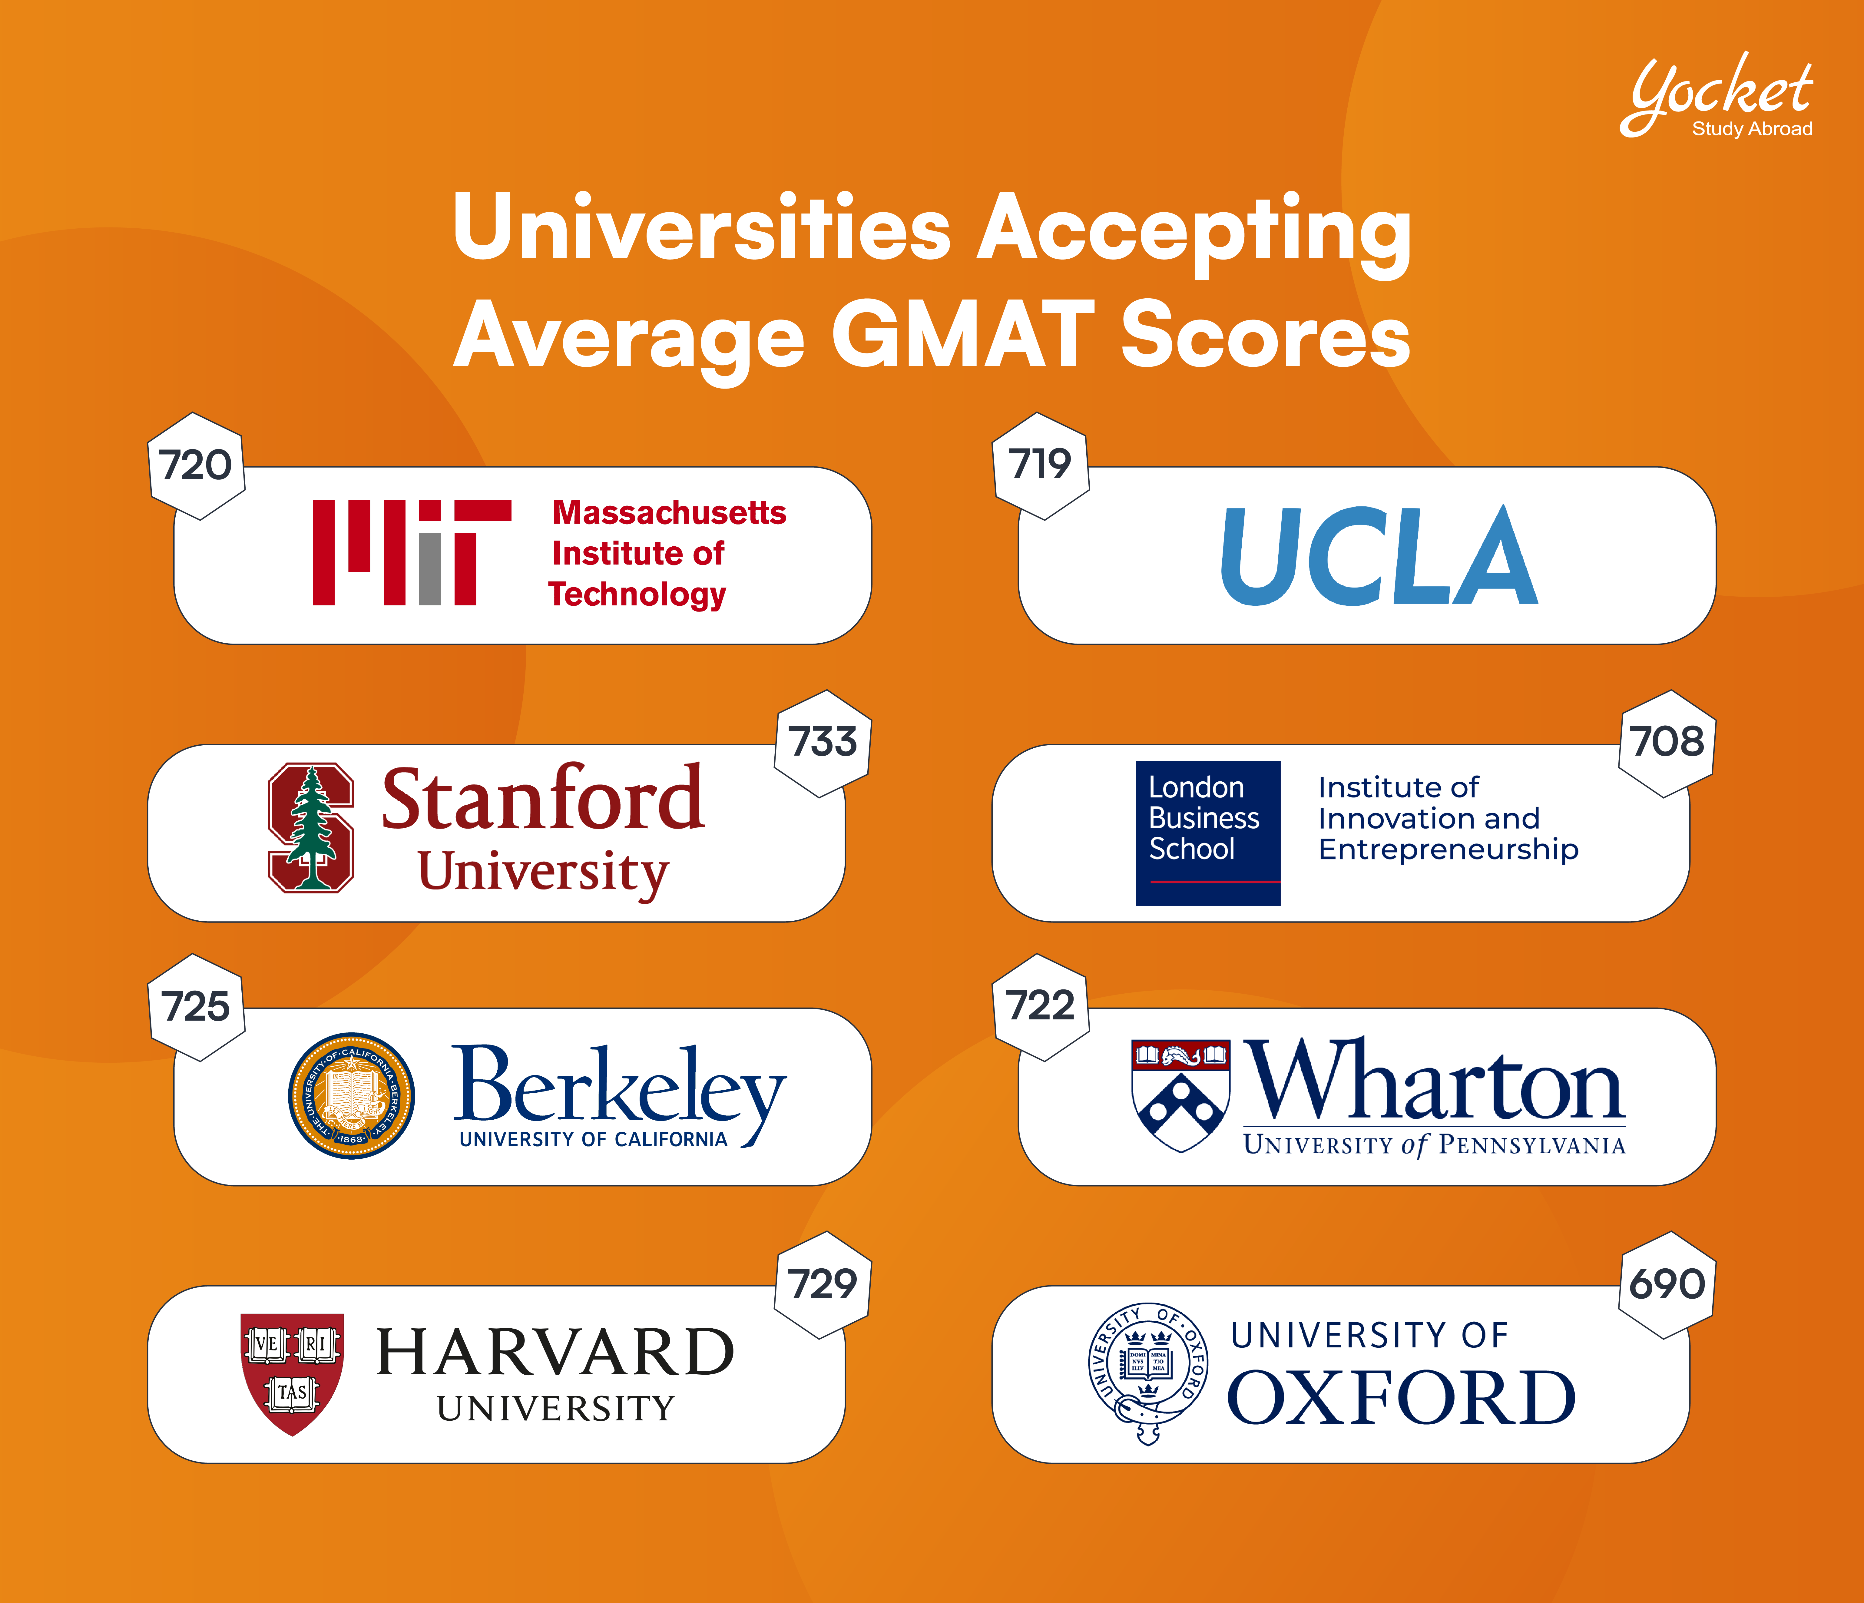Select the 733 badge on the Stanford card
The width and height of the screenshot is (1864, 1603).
point(822,743)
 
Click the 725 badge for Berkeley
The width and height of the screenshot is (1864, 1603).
point(195,1007)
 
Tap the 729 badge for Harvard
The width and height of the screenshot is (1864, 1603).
point(822,1285)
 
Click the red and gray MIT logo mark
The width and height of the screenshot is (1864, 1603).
point(411,552)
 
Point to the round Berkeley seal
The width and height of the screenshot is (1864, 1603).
point(352,1096)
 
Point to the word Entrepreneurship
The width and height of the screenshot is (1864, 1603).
point(1448,849)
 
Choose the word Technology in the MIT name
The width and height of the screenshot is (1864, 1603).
point(637,595)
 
